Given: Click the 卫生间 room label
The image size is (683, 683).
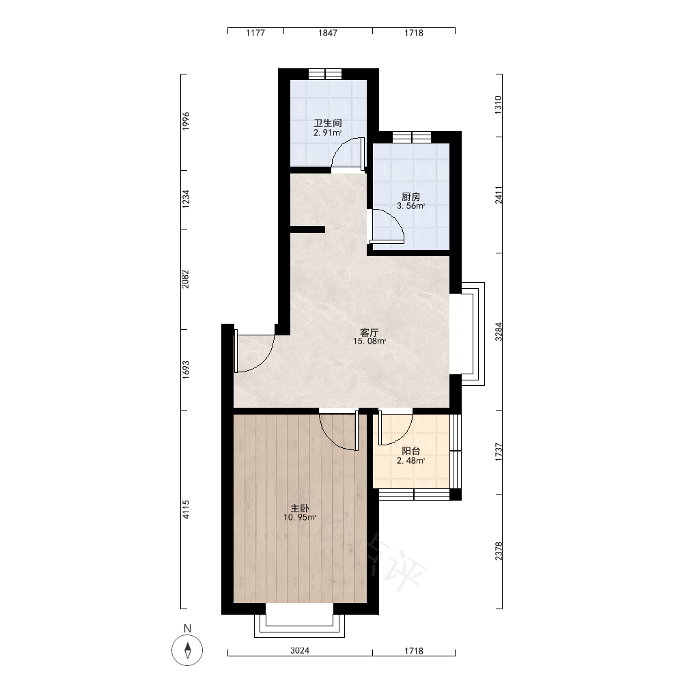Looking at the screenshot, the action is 328,123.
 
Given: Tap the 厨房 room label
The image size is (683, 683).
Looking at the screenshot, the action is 410,197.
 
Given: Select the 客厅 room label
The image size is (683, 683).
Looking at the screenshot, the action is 370,333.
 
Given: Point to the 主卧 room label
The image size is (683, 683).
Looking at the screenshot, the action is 300,508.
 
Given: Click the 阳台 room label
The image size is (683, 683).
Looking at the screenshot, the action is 410,451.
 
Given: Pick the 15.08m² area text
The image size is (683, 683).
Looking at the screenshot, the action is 370,341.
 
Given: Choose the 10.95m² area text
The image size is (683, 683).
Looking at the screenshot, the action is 300,518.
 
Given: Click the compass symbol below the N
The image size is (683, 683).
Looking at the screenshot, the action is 188,650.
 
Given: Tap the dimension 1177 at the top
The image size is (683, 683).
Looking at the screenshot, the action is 255,33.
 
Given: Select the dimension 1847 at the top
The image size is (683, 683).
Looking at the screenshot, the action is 328,33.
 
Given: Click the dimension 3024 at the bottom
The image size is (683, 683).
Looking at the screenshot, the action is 300,651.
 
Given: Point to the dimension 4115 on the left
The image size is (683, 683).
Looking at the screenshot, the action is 186,510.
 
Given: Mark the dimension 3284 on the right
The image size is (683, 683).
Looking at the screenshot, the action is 499,331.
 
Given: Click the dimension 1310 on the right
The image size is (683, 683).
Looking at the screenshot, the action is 499,105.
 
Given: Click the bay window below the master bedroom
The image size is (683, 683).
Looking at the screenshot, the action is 299,626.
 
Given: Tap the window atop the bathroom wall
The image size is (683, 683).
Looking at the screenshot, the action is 326,74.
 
